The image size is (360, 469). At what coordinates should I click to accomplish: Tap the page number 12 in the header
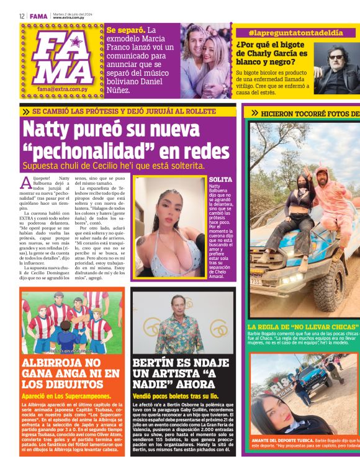point(21,16)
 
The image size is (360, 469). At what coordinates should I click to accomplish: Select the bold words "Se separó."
point(125,29)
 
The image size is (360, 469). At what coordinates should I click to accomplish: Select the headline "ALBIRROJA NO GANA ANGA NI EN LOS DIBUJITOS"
point(70,372)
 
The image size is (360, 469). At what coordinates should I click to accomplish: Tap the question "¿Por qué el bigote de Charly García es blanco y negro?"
point(272,53)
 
